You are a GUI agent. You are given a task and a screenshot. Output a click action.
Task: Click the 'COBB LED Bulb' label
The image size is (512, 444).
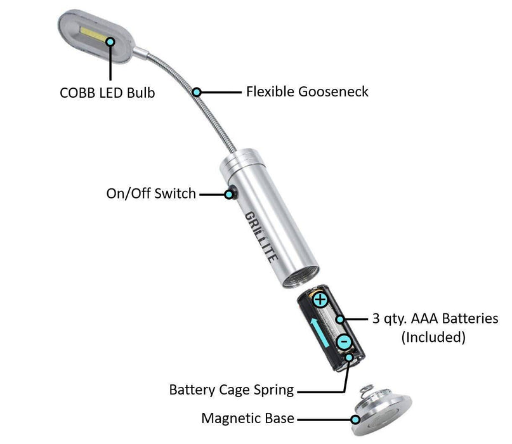107,93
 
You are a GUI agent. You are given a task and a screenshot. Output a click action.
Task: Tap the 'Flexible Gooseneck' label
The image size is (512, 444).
307,91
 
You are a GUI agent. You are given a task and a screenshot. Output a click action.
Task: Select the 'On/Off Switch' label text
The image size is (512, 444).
151,193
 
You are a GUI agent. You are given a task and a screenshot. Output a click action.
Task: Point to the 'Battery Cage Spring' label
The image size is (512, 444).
232,389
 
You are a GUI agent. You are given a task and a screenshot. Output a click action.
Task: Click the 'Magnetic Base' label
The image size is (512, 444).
247,419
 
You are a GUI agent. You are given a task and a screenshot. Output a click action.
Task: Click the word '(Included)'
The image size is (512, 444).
434,337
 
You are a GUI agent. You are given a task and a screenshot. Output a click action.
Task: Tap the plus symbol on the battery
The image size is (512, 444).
321,298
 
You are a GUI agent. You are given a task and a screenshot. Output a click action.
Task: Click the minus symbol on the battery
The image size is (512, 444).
343,342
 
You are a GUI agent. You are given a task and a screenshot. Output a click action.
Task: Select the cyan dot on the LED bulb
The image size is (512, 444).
110,41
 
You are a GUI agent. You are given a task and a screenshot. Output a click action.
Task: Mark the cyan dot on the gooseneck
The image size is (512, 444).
197,93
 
